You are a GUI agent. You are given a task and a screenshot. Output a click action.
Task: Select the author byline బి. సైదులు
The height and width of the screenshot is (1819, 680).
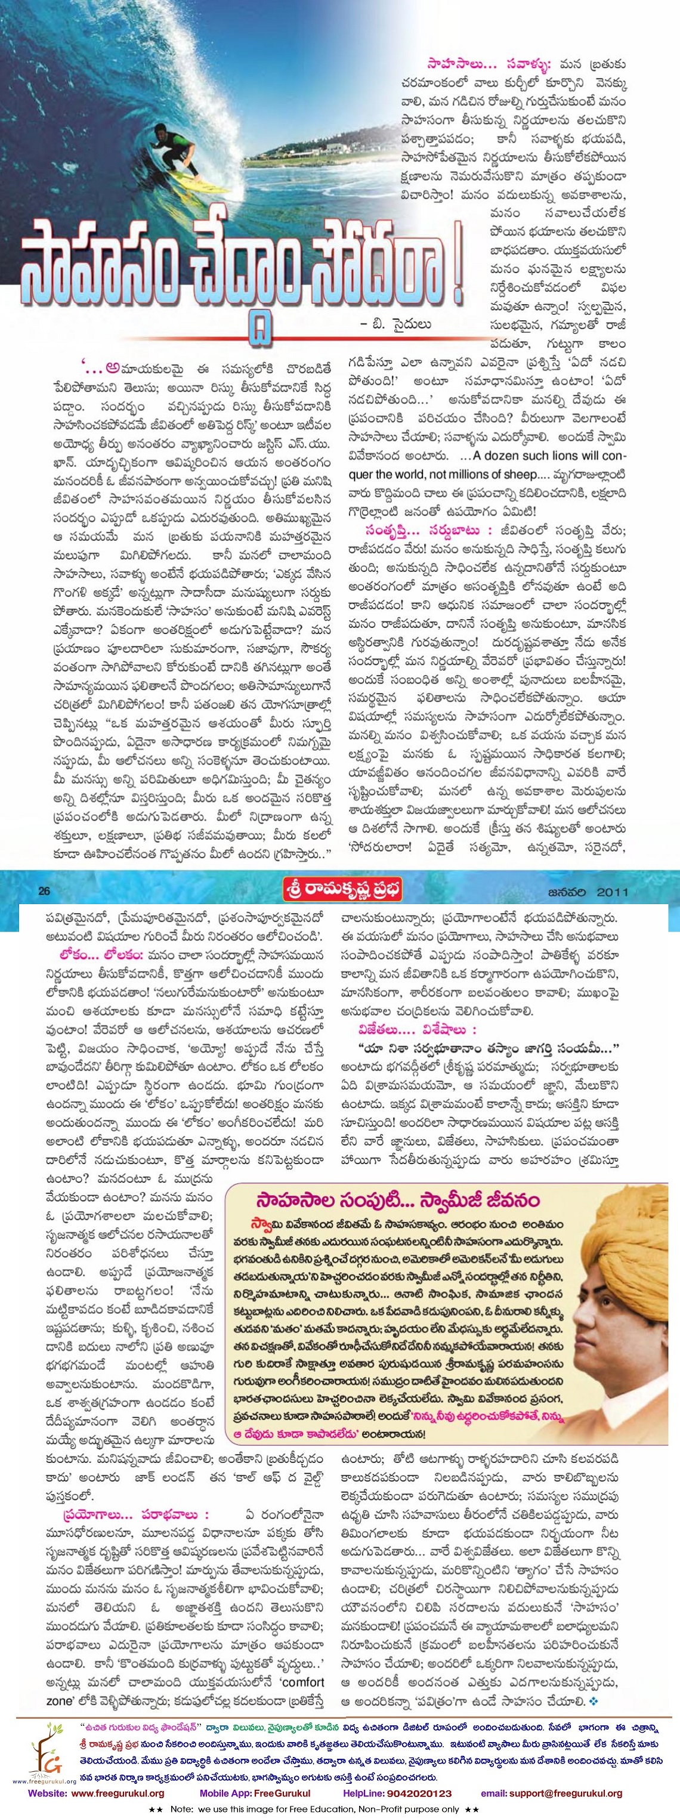pos(395,324)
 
